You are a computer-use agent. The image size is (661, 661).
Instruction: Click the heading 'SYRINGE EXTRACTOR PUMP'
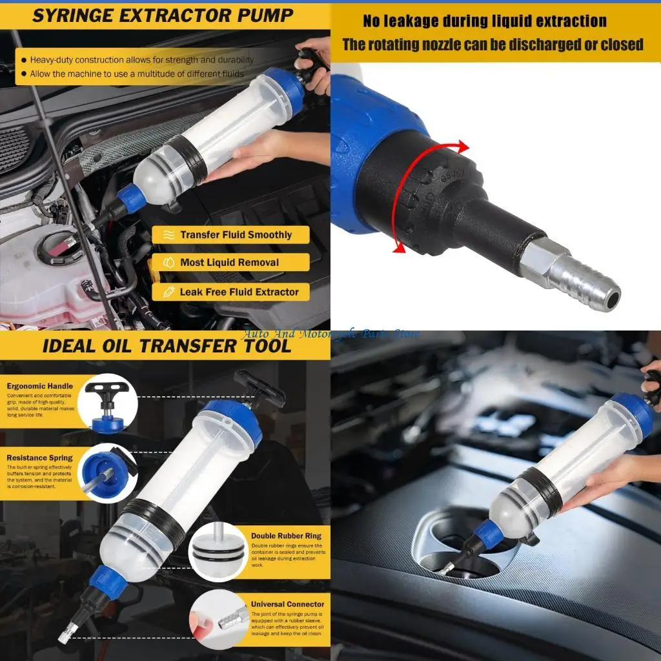163,15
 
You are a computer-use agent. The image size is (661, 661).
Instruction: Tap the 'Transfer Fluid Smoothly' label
236,235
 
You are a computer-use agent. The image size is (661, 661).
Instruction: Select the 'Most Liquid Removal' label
229,263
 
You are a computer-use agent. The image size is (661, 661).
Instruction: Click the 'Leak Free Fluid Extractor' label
239,292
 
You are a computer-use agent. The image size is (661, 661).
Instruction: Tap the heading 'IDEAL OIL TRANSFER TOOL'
167,345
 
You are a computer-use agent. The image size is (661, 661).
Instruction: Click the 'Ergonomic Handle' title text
40,386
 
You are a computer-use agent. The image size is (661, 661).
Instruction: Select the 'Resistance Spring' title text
40,458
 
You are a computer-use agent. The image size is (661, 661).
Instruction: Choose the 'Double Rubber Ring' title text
286,536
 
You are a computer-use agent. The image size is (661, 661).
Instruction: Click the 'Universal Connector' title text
288,604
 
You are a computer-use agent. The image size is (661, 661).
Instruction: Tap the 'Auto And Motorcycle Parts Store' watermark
330,334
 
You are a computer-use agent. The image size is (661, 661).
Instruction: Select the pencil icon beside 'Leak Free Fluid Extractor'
168,292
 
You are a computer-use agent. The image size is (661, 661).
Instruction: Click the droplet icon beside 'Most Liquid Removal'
168,263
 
